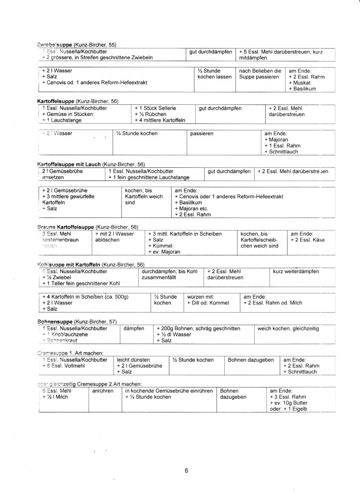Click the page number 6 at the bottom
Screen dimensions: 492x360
tap(186, 471)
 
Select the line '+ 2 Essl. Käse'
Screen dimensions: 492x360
tap(308, 240)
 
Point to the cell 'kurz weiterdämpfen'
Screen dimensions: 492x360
tap(296, 271)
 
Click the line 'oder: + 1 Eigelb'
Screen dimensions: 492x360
tap(288, 409)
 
